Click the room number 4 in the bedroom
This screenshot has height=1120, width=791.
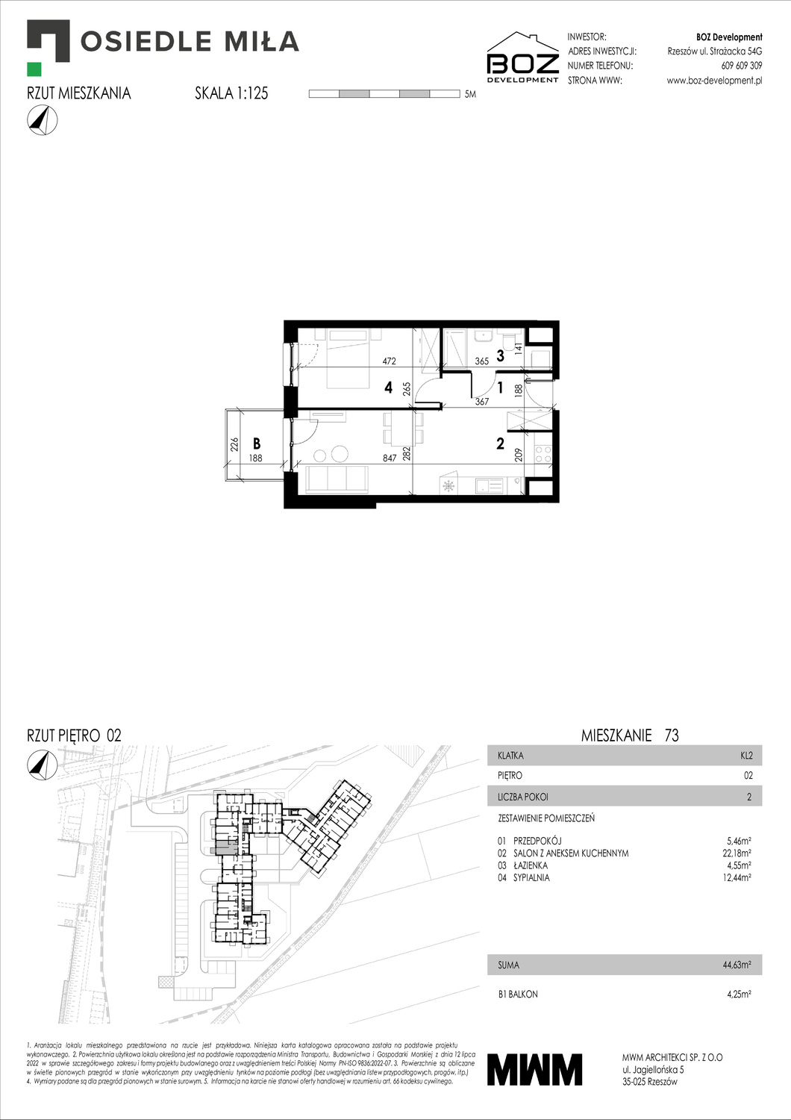coord(388,388)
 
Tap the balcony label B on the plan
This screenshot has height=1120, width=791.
coord(257,444)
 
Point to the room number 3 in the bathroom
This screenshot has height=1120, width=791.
coord(500,356)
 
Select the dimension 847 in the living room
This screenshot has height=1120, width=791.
coord(390,458)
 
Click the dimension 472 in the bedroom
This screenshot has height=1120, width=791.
coord(389,361)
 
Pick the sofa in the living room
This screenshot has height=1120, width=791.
coord(337,479)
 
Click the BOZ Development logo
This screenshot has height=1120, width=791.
coord(522,57)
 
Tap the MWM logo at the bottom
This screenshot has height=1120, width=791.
coord(534,1069)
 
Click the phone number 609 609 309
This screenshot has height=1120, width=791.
coord(741,66)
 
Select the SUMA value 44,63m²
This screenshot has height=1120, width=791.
coord(736,965)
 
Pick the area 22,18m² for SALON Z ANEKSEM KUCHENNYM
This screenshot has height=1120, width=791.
coord(736,853)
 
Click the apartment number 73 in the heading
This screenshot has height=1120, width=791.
coord(672,735)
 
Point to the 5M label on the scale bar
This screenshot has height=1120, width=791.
coord(469,95)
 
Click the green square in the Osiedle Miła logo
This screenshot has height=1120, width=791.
coord(34,69)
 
